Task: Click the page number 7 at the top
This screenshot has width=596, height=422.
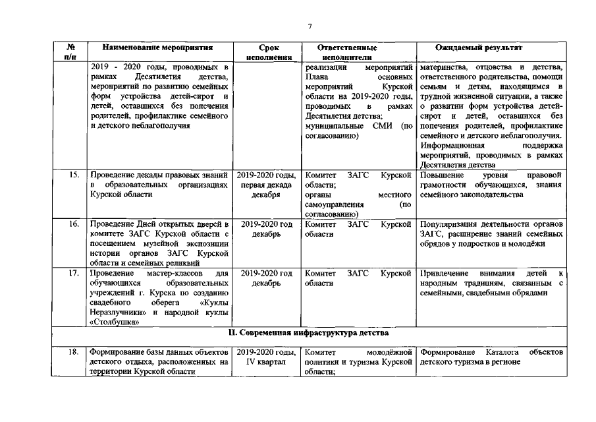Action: (x=309, y=26)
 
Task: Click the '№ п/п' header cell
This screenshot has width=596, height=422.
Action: (x=70, y=53)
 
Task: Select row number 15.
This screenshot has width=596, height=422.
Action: (x=74, y=175)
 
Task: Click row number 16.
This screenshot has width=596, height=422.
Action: (x=74, y=224)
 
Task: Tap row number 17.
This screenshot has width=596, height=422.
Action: (x=74, y=273)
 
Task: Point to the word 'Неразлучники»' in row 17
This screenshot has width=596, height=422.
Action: (x=116, y=313)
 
